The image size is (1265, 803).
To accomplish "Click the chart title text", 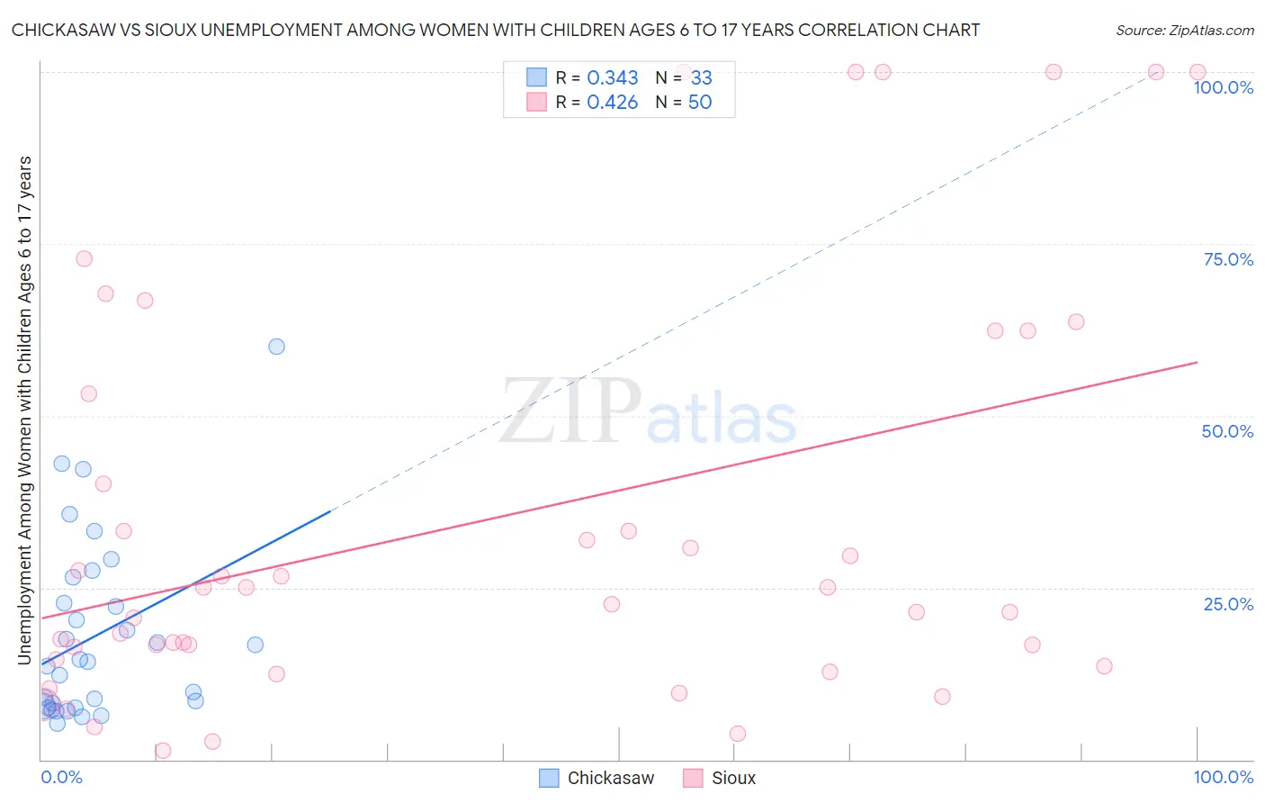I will pos(496,30).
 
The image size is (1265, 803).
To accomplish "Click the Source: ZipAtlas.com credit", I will pos(1184,30).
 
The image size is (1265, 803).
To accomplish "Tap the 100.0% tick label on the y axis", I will pos(1223,87).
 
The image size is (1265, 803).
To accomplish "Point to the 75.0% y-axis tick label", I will pos(1228,259).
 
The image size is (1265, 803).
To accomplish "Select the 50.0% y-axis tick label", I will pos(1227,431).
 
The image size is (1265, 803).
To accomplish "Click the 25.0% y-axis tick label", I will pos(1228,604).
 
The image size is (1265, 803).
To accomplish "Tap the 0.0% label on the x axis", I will pos(61,777).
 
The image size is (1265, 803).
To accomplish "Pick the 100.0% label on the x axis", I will pos(1223,777).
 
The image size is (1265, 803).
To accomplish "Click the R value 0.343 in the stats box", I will pos(612,78).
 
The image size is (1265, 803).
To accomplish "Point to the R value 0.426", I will pos(612,103).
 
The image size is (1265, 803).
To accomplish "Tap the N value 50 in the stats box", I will pos(700,103).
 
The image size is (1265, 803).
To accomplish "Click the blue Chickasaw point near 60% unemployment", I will pos(276,347).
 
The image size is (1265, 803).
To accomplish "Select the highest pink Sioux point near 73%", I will pos(84,258).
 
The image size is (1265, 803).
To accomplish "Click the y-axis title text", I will pos(24,411).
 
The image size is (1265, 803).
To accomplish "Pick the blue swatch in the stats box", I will pos(536,77).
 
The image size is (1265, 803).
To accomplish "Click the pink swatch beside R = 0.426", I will pos(536,102).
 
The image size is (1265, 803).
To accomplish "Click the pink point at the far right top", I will pos(1197,72).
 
